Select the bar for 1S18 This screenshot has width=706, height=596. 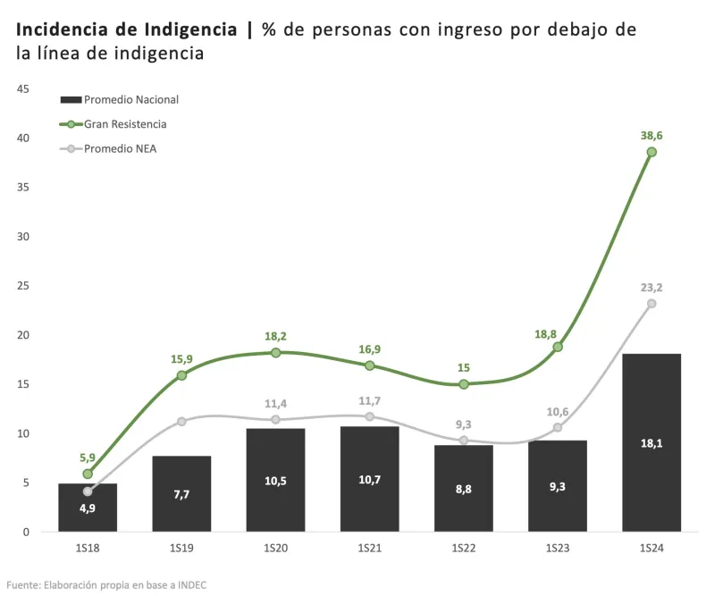(88, 508)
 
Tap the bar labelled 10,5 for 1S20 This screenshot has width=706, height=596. (275, 480)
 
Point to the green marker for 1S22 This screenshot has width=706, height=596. (464, 384)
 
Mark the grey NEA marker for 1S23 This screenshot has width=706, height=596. (558, 427)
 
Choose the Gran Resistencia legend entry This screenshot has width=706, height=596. (125, 124)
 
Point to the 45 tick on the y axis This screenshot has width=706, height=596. (23, 88)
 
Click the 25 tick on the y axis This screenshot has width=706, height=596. (23, 286)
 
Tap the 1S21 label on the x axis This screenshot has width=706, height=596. (370, 547)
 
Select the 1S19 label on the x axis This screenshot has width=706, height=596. (181, 547)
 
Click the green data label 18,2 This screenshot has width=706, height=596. (275, 336)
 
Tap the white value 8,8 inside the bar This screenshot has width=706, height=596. (464, 488)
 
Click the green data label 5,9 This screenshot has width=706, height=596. (88, 457)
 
